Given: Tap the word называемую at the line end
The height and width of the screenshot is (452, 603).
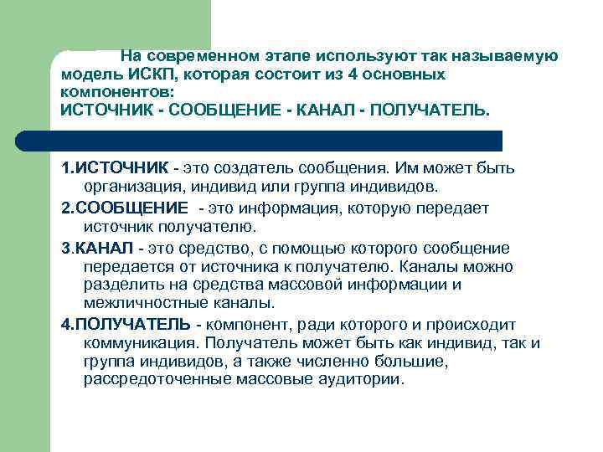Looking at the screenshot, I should (510, 57).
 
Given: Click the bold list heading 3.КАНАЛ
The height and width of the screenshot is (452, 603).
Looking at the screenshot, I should (99, 249).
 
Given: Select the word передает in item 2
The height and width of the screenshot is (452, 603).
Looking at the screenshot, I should (454, 208).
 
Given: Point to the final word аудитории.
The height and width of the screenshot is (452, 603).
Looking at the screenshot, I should (362, 378).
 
